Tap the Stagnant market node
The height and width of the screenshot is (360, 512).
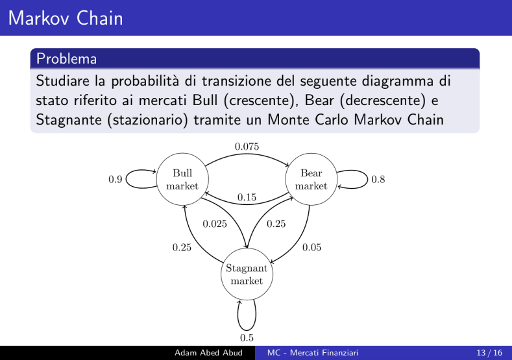click(x=247, y=274)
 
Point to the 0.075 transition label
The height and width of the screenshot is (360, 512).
click(x=247, y=147)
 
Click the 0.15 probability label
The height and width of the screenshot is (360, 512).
click(x=247, y=197)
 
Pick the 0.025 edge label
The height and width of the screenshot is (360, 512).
click(x=215, y=224)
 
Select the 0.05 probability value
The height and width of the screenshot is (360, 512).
click(x=312, y=247)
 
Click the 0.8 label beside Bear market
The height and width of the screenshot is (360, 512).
click(x=378, y=179)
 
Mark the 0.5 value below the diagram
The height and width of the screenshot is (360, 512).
click(x=247, y=338)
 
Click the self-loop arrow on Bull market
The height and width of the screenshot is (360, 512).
click(x=126, y=179)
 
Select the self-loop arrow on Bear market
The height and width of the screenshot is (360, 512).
click(x=368, y=179)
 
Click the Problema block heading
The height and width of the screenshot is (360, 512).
click(x=67, y=59)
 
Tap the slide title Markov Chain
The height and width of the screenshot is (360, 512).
click(x=66, y=18)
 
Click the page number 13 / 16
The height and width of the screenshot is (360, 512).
click(x=489, y=353)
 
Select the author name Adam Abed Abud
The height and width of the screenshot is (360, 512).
click(x=208, y=353)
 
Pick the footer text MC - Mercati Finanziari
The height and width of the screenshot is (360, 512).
click(x=313, y=353)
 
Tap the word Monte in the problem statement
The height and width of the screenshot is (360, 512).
click(x=288, y=120)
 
